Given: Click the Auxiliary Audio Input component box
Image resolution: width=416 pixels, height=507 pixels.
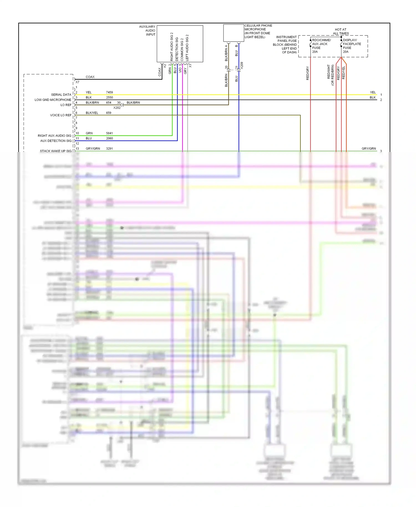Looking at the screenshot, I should click(180, 44).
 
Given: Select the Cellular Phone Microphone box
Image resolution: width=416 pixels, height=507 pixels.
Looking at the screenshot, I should click(234, 33).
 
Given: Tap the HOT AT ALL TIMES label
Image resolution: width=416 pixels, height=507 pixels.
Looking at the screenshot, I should click(341, 31).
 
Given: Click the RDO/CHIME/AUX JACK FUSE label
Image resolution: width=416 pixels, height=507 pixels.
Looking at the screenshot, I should click(321, 46).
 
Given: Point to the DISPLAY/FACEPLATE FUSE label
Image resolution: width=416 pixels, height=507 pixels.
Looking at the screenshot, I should click(352, 46).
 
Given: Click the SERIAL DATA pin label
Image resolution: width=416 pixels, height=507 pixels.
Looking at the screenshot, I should click(61, 95).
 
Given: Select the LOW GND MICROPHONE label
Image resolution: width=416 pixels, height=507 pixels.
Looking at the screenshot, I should click(53, 100).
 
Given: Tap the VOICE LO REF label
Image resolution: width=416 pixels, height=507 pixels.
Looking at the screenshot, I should click(60, 115).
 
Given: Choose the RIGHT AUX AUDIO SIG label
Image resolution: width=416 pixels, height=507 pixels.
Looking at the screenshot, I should click(54, 136).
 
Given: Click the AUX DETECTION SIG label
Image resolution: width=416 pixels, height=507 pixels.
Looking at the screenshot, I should click(56, 141).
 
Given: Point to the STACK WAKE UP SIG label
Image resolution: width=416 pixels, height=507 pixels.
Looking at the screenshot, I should click(55, 151).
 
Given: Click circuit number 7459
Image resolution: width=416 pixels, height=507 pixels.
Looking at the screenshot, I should click(109, 92).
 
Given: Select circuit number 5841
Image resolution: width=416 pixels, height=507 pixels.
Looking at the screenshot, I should click(109, 133).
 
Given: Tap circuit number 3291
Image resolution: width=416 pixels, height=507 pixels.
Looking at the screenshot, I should click(109, 149).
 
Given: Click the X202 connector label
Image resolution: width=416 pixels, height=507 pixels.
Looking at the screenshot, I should click(117, 108).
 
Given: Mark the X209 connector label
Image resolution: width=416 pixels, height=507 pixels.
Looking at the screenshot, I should click(242, 65).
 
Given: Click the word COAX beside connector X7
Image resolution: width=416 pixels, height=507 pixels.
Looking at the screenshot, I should click(90, 77).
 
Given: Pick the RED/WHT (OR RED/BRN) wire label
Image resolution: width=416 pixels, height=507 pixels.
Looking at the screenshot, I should click(331, 75).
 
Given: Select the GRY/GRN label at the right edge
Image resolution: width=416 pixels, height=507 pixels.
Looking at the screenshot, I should click(369, 149).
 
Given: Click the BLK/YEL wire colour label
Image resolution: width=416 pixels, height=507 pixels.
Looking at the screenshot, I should click(92, 113).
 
